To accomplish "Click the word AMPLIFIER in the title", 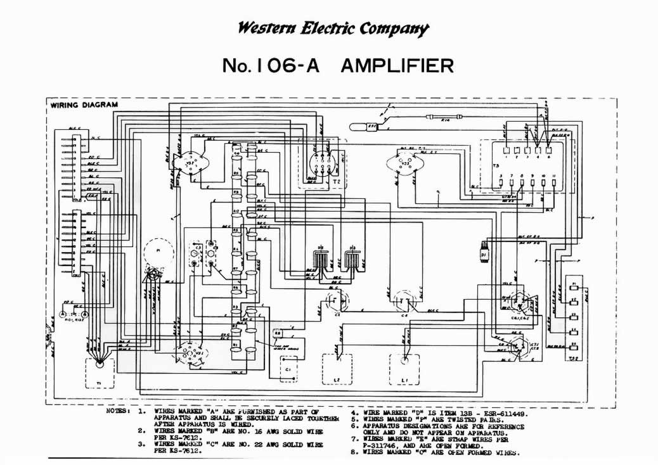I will click(x=397, y=65).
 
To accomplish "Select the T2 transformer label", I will click(x=335, y=180).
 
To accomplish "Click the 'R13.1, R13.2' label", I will click(x=74, y=320).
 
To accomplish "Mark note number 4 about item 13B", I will click(x=440, y=412).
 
